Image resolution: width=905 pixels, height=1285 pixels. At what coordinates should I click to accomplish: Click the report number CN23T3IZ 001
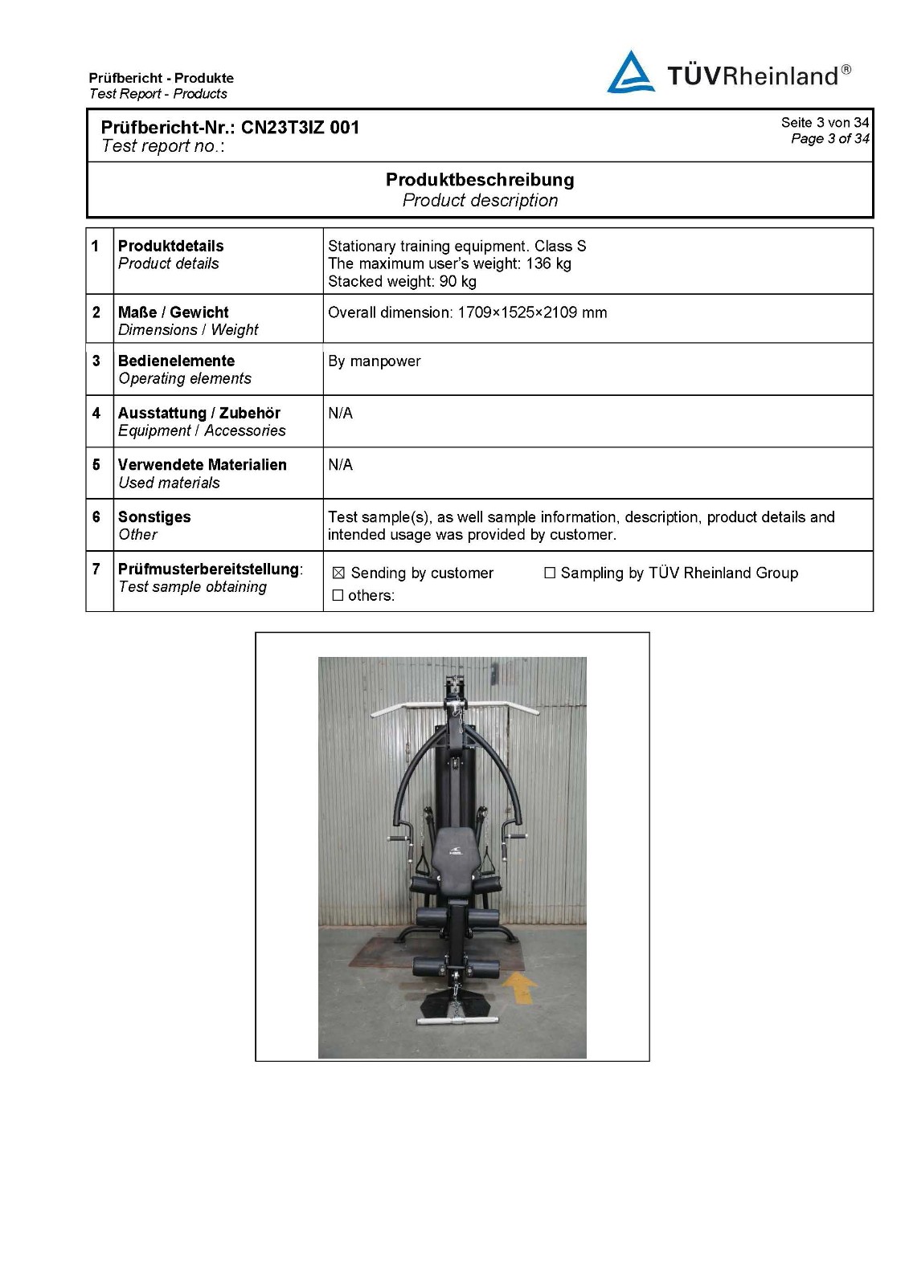(300, 127)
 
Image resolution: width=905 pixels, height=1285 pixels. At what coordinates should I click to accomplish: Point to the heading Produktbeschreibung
(480, 179)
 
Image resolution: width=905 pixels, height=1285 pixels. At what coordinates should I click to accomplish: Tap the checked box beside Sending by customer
(338, 573)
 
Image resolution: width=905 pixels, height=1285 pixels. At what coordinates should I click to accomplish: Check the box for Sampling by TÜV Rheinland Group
(550, 573)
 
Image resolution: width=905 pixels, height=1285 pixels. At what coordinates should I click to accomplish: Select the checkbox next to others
(338, 596)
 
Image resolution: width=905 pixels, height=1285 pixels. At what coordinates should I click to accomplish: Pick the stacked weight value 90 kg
(457, 281)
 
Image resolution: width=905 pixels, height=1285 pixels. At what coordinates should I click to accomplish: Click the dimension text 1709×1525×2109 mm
(532, 312)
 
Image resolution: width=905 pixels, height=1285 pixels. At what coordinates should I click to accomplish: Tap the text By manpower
(374, 361)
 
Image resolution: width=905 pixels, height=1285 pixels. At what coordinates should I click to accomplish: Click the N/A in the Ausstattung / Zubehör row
(340, 414)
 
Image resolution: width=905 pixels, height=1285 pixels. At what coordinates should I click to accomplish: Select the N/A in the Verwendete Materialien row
(340, 465)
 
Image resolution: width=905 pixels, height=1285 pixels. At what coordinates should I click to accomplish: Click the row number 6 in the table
(96, 517)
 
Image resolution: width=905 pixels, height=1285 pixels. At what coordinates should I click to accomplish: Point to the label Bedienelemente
(176, 361)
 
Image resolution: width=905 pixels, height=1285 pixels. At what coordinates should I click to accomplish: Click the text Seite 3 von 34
(825, 122)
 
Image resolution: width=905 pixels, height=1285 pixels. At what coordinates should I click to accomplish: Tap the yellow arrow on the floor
(520, 987)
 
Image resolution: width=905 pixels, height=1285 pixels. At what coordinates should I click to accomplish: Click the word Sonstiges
(154, 517)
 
